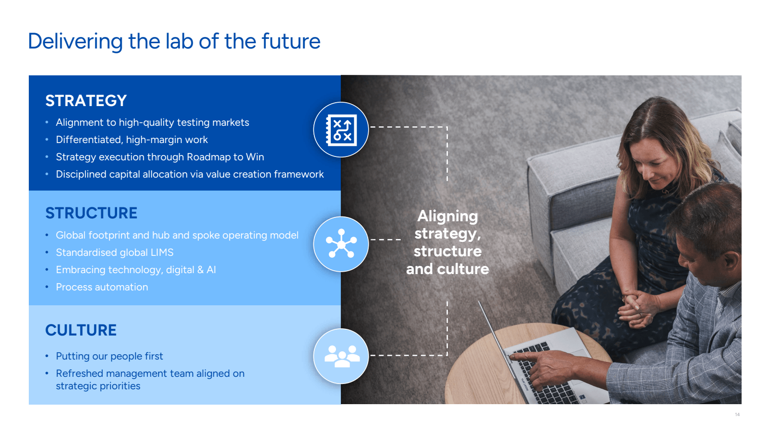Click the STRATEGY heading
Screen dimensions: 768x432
point(86,101)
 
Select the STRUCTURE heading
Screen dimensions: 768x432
point(91,213)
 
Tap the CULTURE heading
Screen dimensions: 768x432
point(81,330)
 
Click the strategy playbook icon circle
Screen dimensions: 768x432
point(341,130)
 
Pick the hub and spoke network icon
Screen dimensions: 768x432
point(341,244)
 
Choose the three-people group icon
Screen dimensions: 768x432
point(341,356)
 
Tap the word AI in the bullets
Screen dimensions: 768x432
point(211,270)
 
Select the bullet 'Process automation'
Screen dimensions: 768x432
point(102,287)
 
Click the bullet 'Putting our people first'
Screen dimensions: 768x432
point(109,356)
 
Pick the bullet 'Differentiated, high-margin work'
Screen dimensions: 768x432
point(132,140)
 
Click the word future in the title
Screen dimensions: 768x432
point(291,41)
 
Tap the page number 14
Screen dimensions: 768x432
point(737,415)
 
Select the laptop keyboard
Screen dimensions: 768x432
point(545,374)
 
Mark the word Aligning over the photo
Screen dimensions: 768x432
point(447,216)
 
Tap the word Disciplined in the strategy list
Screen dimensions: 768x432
point(81,175)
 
